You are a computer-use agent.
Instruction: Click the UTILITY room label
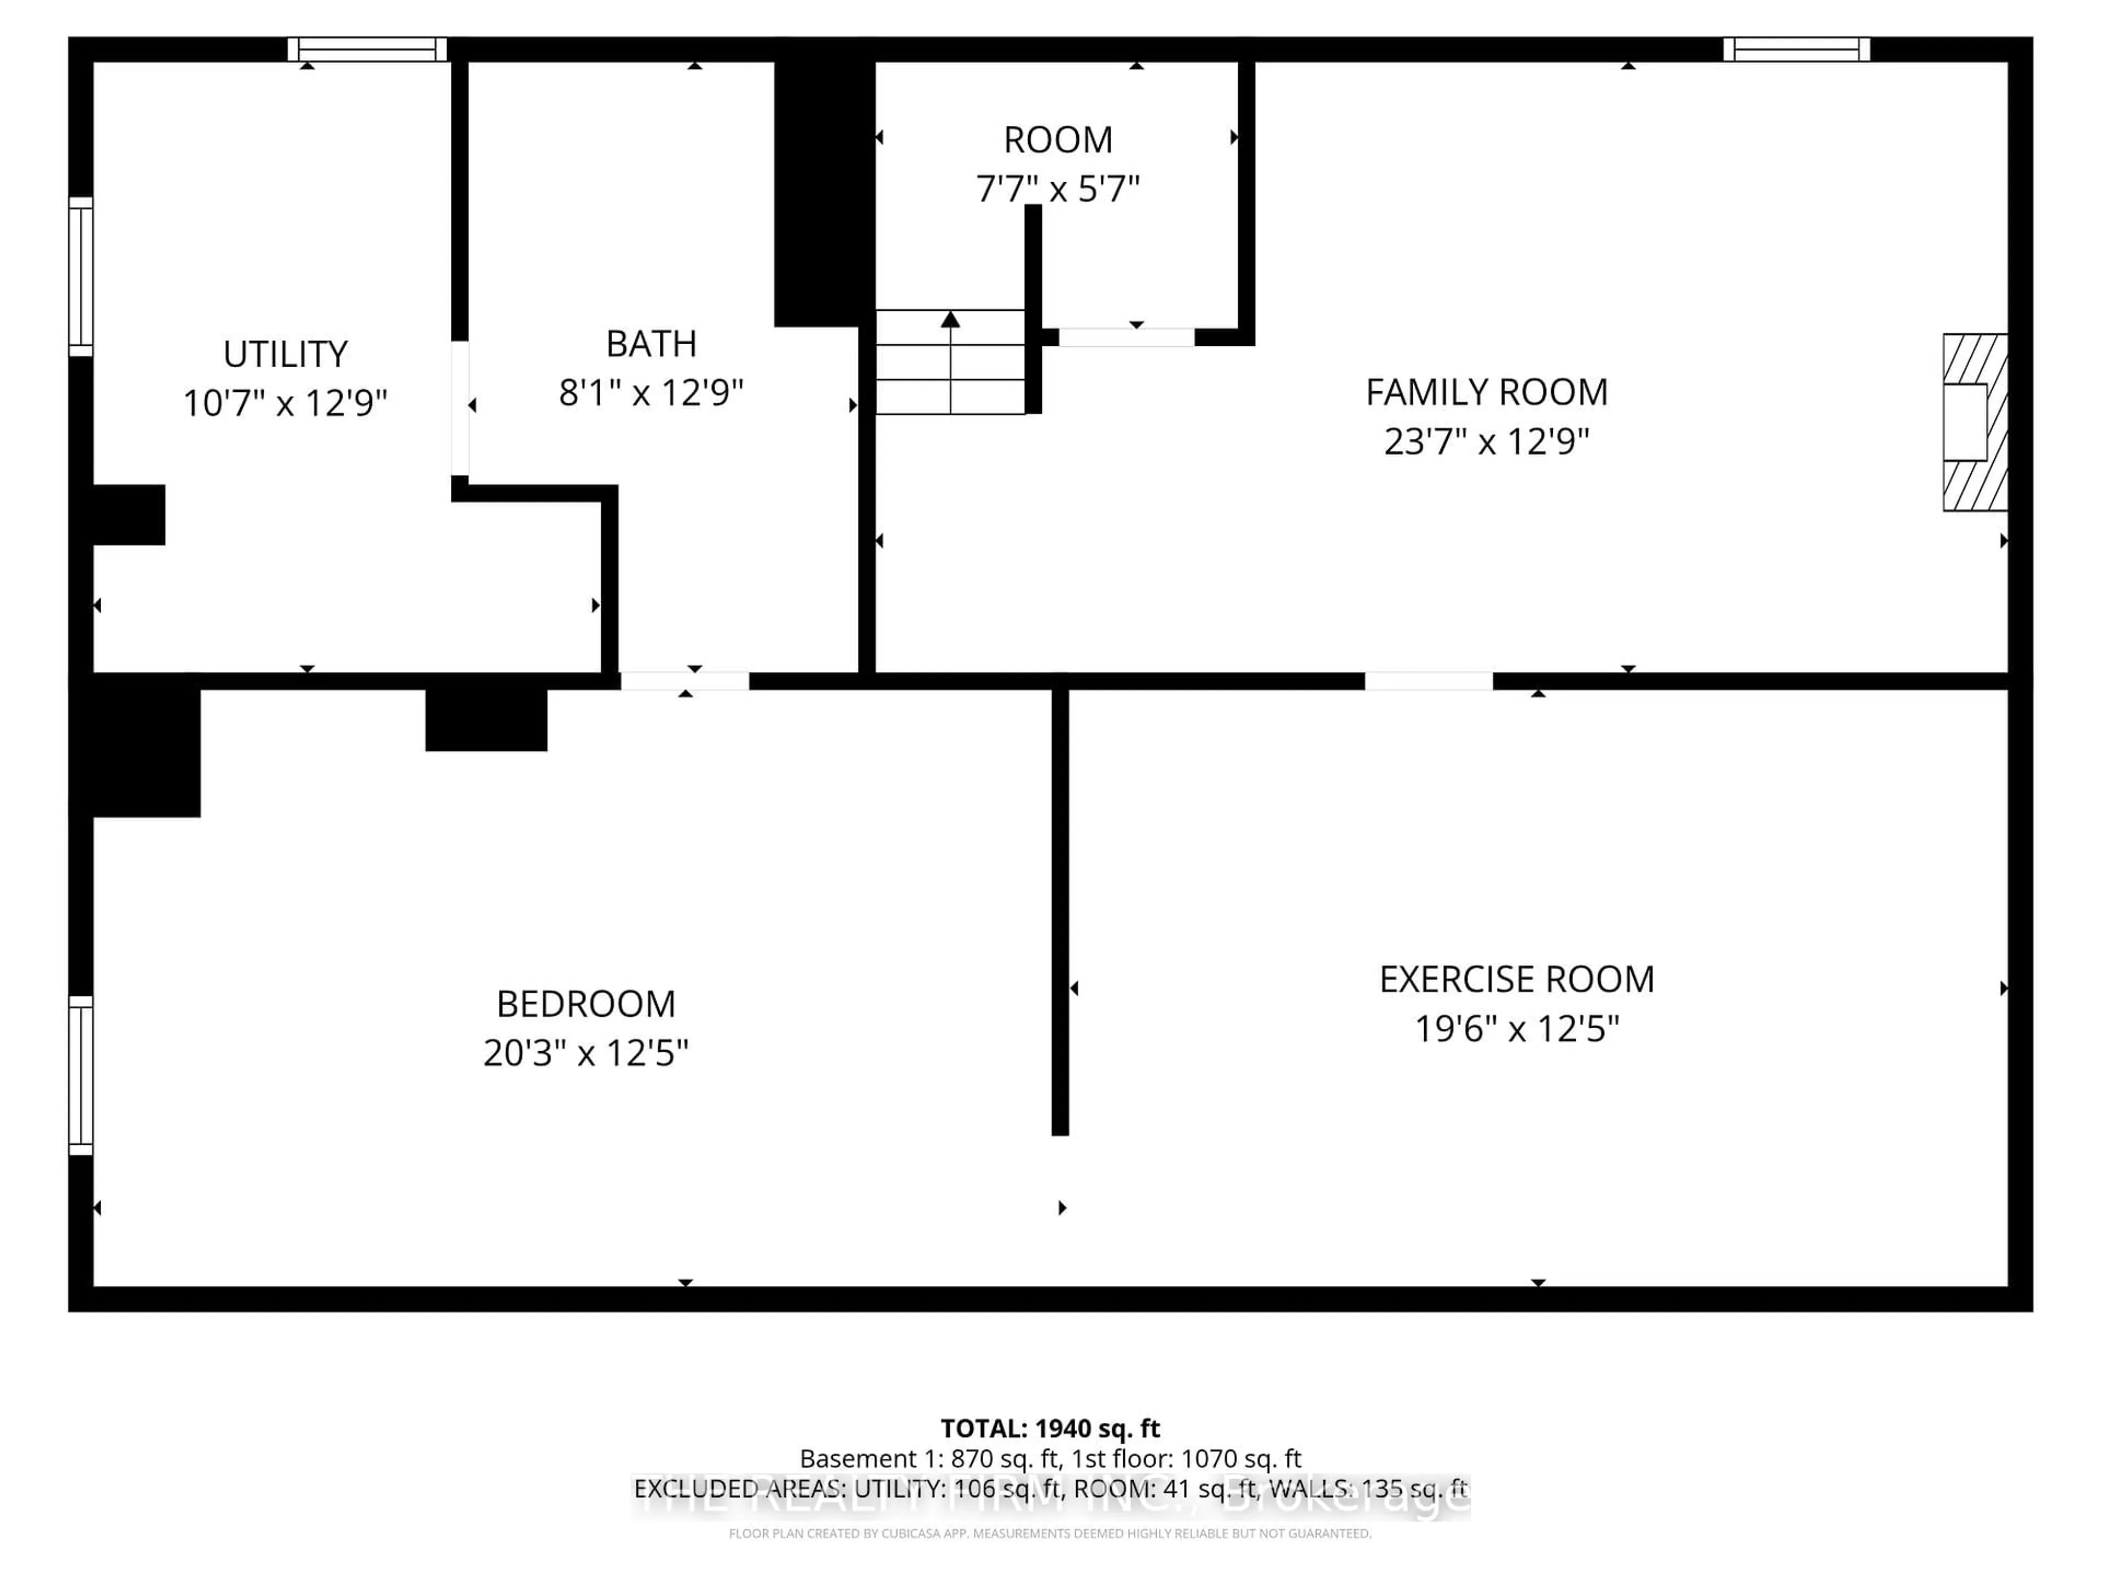285,355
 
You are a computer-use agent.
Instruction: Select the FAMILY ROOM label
1487,392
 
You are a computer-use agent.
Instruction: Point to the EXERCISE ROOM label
1516,980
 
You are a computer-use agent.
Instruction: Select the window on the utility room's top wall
368,49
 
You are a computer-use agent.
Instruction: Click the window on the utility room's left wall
81,276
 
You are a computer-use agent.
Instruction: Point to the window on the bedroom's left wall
81,1075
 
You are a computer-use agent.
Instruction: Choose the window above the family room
1796,49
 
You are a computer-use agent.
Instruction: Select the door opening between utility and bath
460,408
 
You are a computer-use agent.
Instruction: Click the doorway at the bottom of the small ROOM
1127,337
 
